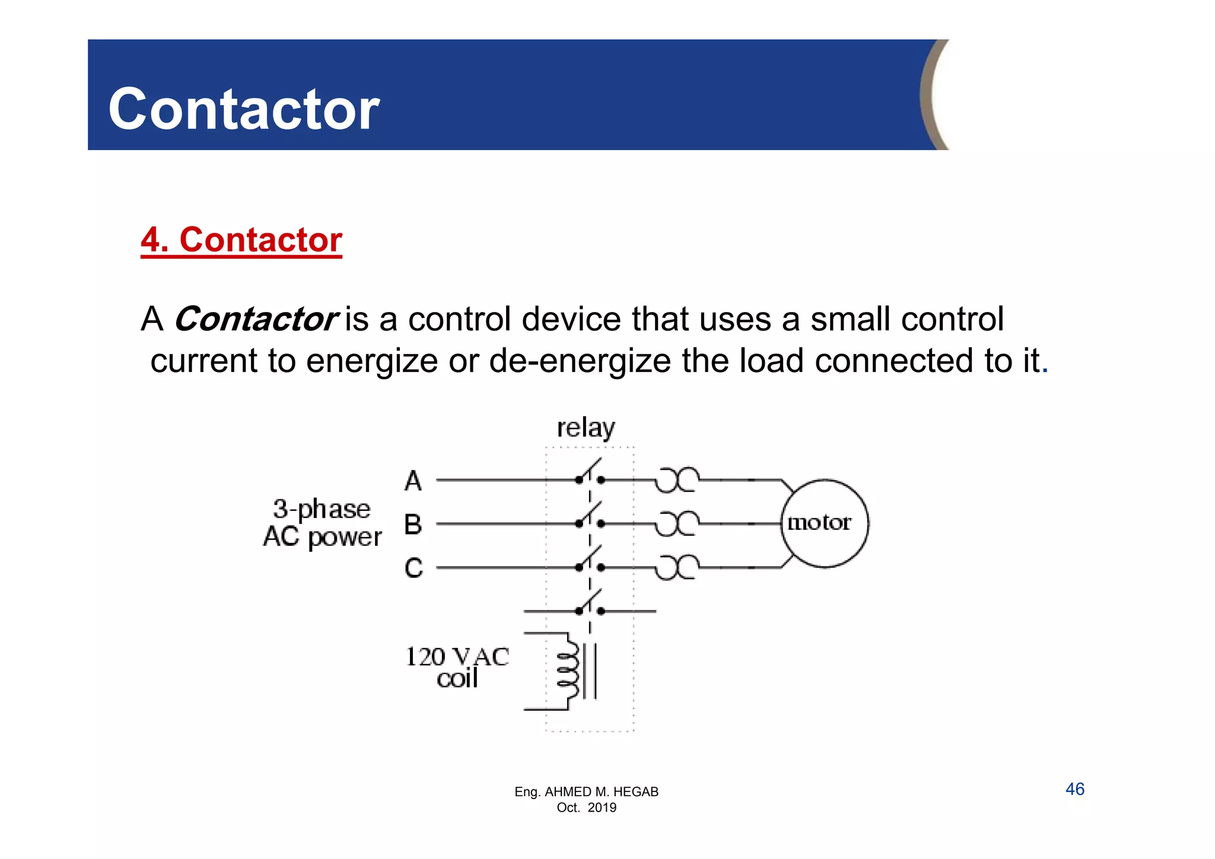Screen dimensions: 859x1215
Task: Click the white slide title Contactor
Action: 243,109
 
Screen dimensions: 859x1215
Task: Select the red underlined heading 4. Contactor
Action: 241,240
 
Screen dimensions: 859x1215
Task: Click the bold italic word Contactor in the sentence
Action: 256,319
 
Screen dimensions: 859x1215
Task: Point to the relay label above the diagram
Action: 586,428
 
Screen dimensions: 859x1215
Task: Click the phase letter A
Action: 414,481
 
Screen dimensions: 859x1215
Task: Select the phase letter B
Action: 414,524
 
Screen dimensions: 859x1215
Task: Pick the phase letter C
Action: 414,568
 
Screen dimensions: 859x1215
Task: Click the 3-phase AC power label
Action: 322,523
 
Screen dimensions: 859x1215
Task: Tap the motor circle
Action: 824,523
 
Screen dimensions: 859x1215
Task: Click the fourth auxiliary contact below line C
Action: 590,605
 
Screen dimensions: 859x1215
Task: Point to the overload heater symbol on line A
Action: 677,480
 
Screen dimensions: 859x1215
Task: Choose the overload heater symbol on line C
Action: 677,567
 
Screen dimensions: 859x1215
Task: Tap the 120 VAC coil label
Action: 457,667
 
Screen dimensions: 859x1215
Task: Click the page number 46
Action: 1074,789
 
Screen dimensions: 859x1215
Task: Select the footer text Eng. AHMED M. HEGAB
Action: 586,791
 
